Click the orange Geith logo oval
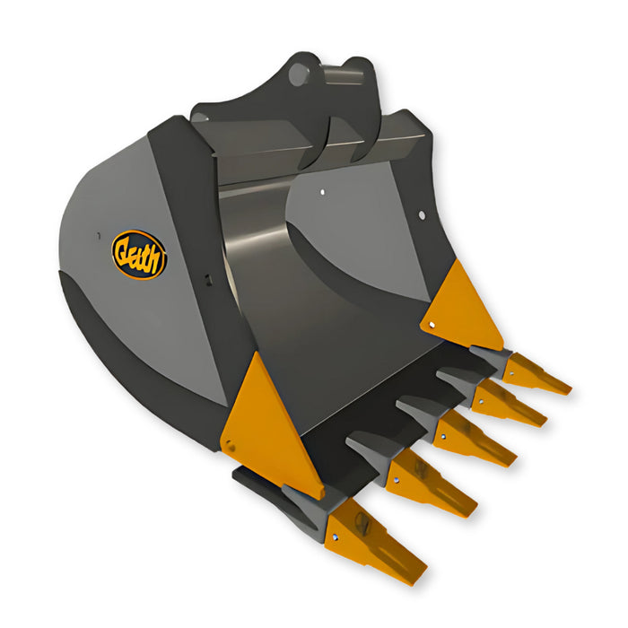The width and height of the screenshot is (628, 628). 138,254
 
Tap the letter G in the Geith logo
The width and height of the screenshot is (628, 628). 123,252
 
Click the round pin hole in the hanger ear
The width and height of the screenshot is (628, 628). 297,76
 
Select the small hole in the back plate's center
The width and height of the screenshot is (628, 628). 322,191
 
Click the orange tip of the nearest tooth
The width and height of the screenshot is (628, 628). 377,544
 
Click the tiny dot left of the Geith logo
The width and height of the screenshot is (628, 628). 96,235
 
